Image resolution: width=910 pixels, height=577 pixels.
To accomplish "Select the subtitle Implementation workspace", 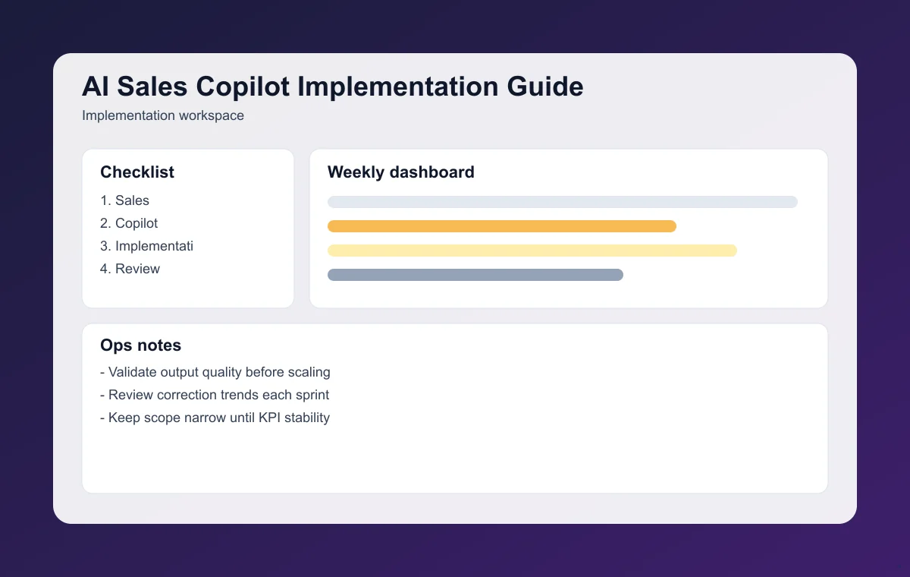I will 163,116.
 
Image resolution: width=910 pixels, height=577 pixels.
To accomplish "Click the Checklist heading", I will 137,172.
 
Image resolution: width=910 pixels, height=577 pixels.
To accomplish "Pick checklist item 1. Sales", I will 125,200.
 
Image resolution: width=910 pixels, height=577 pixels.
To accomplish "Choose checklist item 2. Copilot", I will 130,223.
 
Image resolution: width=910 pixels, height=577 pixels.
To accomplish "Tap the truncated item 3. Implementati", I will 147,246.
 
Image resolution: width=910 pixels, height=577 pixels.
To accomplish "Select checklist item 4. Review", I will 130,269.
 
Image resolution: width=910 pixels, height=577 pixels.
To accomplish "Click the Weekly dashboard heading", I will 401,172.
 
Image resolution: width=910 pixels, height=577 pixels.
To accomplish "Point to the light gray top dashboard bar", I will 562,202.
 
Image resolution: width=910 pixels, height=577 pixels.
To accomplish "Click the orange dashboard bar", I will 501,226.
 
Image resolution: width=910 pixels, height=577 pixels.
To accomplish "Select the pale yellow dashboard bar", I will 532,251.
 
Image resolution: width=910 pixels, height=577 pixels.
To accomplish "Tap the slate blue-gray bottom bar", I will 475,275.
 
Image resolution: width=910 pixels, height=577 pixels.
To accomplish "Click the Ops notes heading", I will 141,345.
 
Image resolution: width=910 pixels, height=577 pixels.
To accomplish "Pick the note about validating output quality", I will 215,372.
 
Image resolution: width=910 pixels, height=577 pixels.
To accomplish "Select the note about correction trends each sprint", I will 215,395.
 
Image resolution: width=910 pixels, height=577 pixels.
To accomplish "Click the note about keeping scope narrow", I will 215,418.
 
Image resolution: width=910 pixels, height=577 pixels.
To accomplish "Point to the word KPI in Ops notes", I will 271,418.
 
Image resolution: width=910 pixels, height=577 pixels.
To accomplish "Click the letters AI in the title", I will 96,87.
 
